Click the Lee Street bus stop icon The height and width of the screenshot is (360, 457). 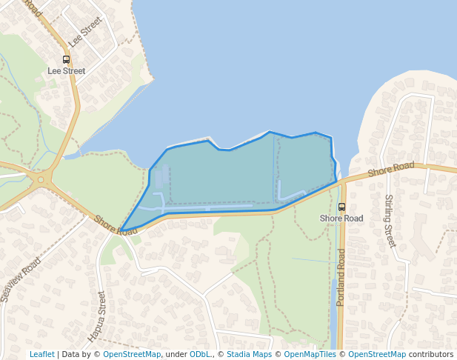[67, 59]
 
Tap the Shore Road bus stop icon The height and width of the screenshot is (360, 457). [341, 207]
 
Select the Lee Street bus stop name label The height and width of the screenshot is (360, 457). [67, 71]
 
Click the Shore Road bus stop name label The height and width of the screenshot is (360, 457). [341, 219]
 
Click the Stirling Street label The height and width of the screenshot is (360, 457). [389, 221]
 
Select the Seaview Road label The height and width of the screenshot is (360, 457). [21, 279]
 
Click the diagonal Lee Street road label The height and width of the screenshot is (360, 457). [84, 33]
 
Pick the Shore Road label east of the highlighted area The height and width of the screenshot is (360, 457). [391, 169]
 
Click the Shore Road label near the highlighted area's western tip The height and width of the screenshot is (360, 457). [116, 225]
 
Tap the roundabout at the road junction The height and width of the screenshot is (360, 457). [44, 179]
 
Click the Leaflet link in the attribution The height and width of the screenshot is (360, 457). [42, 354]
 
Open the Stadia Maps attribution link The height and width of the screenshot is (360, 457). [249, 354]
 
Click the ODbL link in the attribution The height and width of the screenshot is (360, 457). [200, 354]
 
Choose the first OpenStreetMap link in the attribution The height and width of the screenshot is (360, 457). [132, 354]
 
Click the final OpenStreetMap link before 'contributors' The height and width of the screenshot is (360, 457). [377, 354]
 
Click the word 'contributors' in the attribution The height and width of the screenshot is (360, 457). [431, 354]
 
